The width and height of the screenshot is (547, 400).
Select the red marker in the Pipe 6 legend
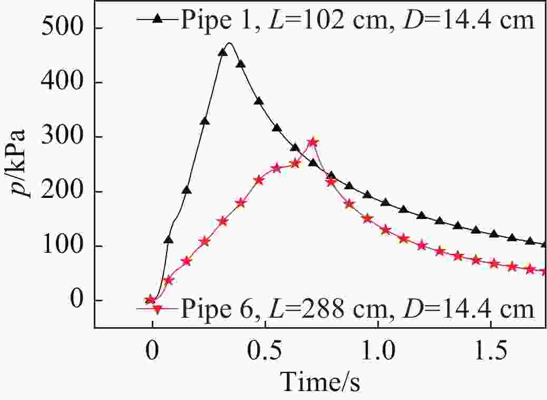tap(157, 309)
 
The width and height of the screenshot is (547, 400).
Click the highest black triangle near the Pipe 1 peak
tap(223, 52)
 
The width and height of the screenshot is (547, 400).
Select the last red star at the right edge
tap(544, 271)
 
